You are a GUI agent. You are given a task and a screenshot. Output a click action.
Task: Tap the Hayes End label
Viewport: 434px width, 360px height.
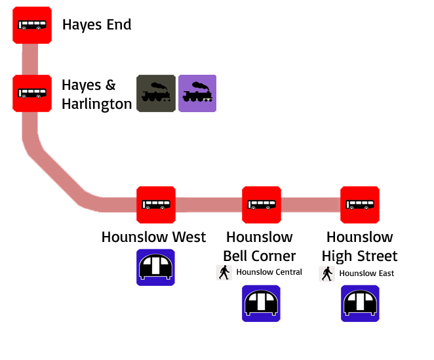pos(96,25)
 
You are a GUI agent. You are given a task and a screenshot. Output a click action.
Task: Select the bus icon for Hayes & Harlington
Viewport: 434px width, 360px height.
pos(32,94)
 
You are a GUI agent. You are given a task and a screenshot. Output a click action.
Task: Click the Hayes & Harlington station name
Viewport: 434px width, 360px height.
pos(96,94)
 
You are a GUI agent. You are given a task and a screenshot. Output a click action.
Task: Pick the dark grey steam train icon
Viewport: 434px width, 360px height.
pos(156,94)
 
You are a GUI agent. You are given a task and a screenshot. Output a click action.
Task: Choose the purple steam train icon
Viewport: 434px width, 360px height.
pos(197,94)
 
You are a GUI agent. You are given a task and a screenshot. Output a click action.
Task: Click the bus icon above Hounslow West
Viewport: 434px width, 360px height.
pos(156,205)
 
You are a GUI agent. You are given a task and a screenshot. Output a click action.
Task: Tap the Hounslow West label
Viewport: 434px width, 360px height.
pos(153,237)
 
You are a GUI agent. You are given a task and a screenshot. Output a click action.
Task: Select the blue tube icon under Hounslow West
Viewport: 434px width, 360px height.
pos(156,267)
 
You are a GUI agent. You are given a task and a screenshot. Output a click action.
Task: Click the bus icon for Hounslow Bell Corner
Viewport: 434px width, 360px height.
pos(262,205)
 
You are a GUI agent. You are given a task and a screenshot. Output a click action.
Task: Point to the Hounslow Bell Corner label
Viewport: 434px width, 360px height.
pos(259,246)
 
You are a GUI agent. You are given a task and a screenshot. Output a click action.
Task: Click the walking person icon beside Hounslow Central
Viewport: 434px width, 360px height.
pos(224,273)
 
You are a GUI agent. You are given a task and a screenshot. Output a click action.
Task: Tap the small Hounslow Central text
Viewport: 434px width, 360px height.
pos(269,272)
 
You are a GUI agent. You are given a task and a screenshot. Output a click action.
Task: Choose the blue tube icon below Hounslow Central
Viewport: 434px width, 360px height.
pos(261,304)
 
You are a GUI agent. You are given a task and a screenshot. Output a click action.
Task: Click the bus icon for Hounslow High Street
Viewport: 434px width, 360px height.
pos(360,205)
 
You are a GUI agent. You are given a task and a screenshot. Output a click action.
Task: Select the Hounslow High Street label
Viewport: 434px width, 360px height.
pos(361,246)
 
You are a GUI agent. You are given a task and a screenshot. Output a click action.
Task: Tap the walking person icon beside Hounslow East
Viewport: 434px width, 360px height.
pos(327,273)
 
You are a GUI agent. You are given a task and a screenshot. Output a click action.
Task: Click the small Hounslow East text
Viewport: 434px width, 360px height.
pos(366,273)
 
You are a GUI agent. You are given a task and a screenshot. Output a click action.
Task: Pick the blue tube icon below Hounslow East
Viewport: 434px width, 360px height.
pos(360,304)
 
